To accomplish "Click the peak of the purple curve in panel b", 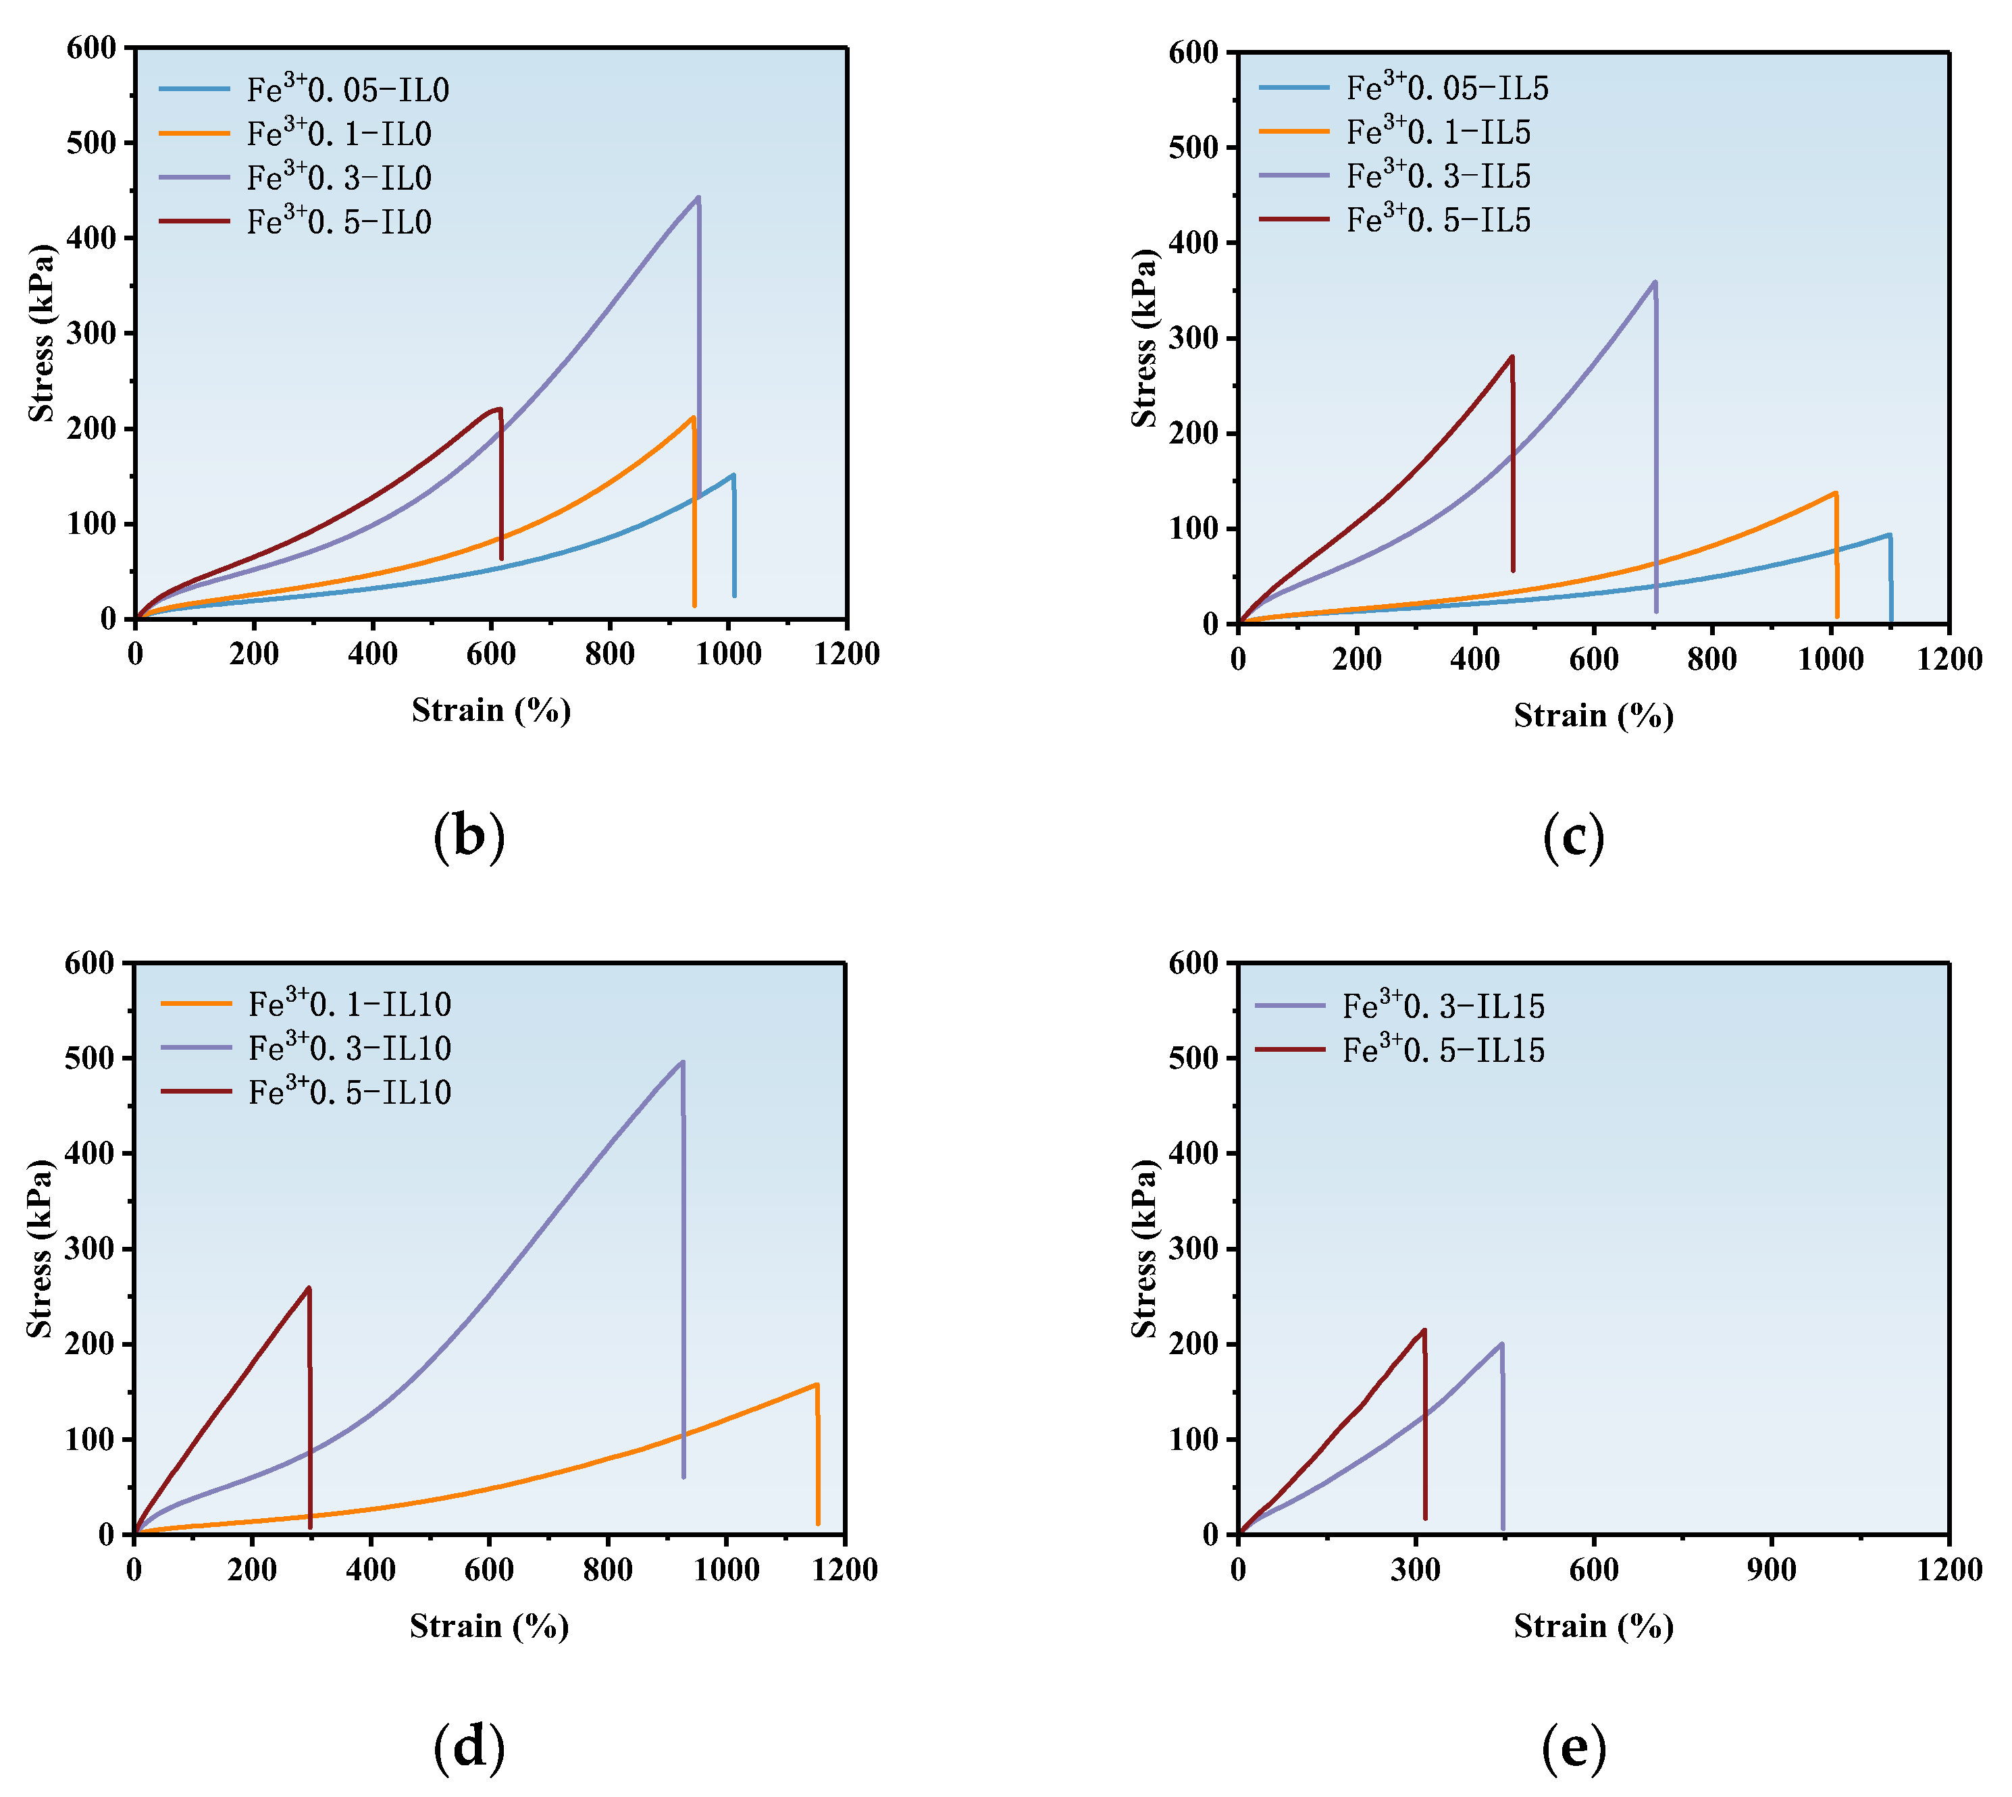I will (x=698, y=198).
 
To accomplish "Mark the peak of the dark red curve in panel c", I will (x=1512, y=357).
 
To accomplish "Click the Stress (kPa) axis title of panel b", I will (x=41, y=333).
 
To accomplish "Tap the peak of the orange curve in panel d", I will (x=817, y=1385).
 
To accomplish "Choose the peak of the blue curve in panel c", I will (x=1888, y=535).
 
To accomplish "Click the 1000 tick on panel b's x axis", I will (x=728, y=653).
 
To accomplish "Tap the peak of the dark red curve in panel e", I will (x=1423, y=1330).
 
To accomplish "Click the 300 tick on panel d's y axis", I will (x=89, y=1249).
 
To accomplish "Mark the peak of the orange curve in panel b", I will (x=694, y=418).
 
